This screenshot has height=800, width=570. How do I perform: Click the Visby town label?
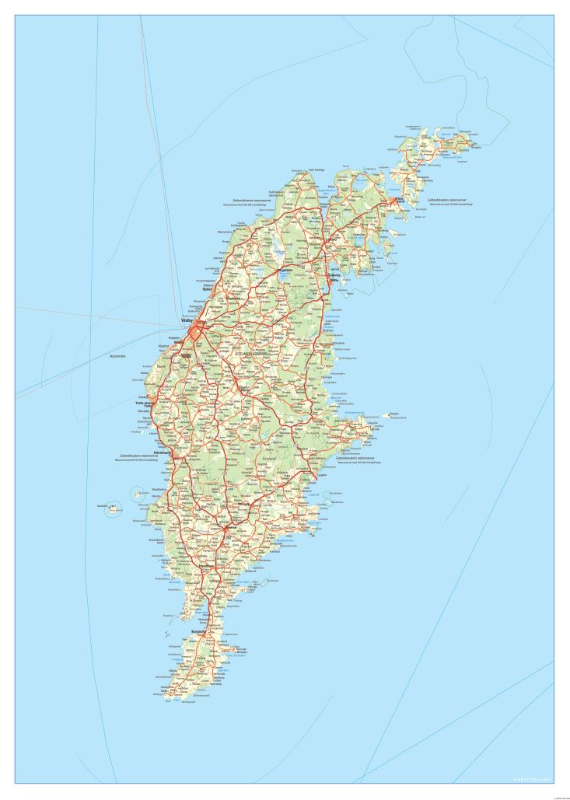click(186, 320)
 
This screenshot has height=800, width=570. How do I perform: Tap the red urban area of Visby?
click(197, 330)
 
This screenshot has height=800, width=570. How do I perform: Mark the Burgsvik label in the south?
click(198, 631)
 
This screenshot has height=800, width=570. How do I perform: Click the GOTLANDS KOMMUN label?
click(257, 352)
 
